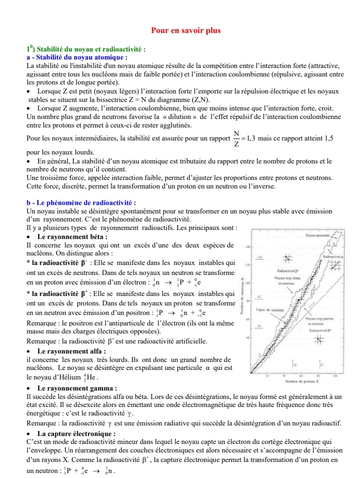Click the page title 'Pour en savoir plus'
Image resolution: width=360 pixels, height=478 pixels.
[185, 30]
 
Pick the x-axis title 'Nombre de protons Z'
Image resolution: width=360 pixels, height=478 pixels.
[298, 382]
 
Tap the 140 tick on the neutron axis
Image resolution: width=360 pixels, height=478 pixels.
[247, 247]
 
